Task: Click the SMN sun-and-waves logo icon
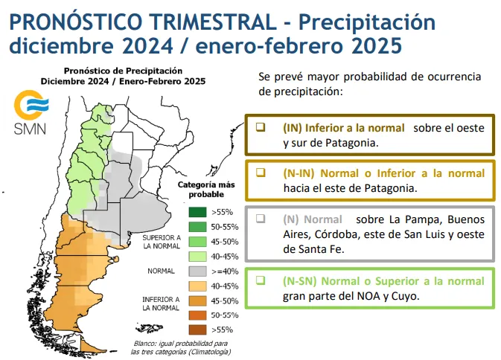[x=29, y=104]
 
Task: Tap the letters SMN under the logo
[x=29, y=129]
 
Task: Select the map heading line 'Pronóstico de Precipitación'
[x=123, y=71]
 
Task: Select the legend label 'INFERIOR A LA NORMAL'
[x=161, y=303]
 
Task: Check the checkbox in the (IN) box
[x=261, y=127]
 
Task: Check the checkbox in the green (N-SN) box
[x=261, y=280]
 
